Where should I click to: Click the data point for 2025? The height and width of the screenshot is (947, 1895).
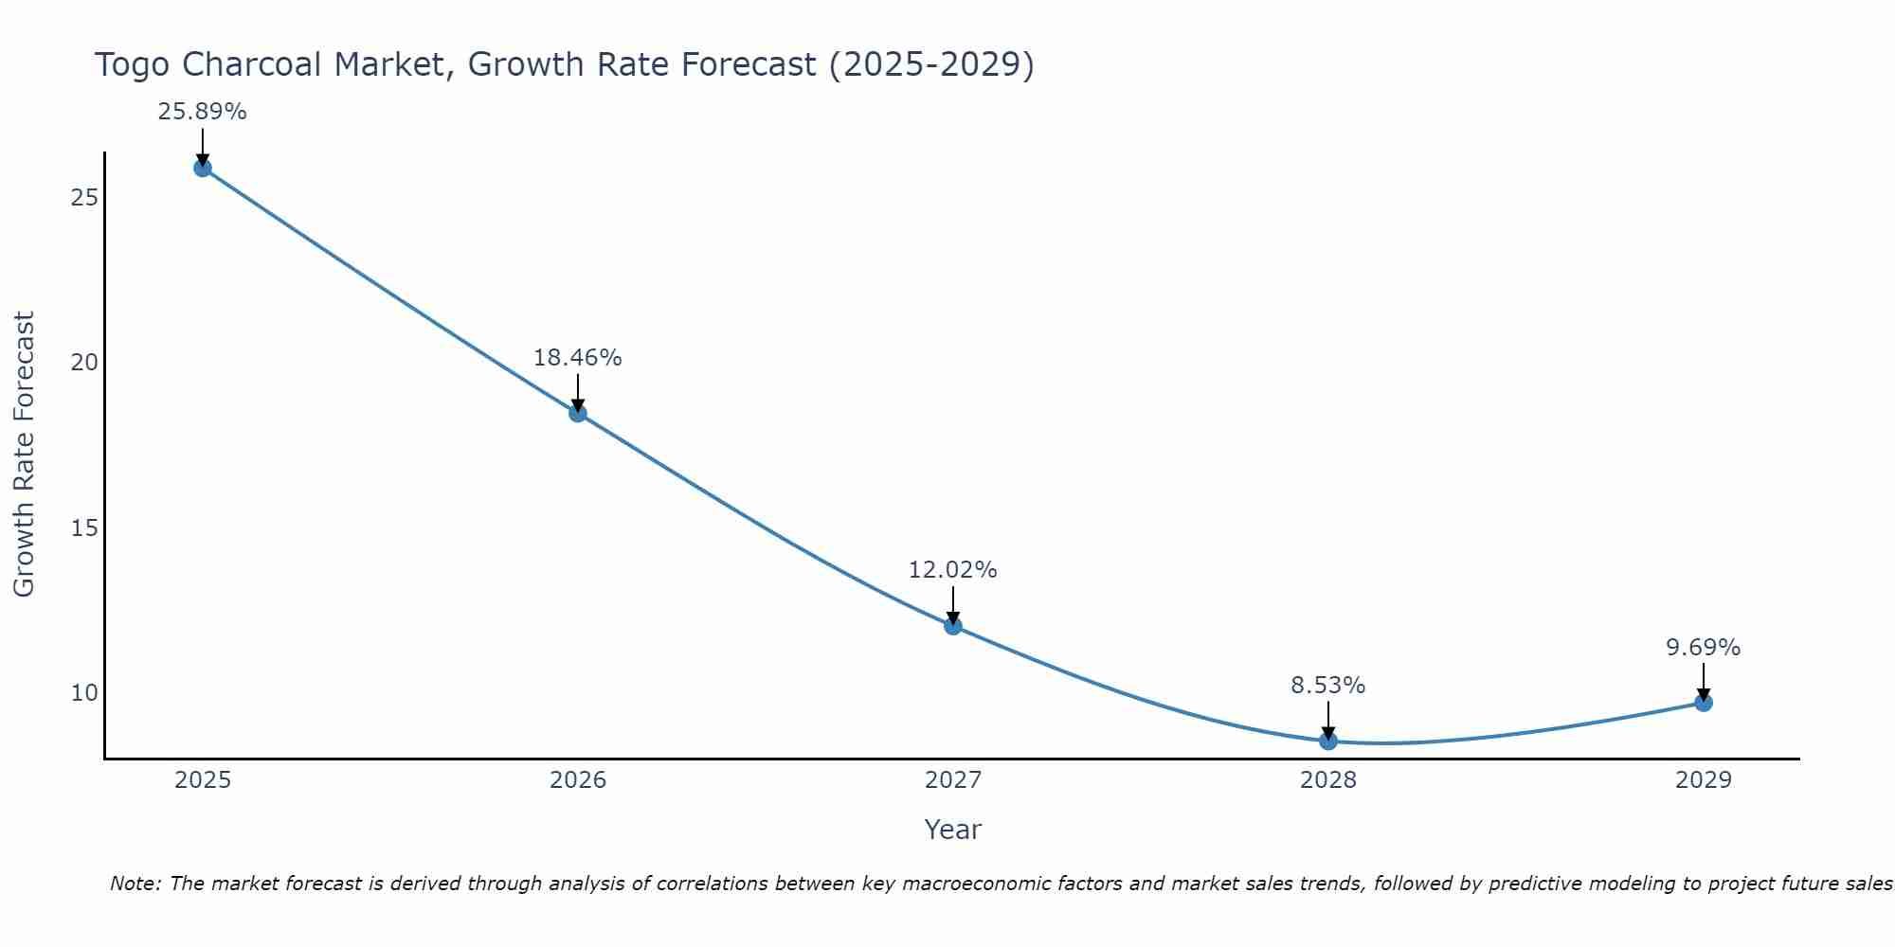click(203, 168)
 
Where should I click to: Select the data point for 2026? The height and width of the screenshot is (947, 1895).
click(578, 413)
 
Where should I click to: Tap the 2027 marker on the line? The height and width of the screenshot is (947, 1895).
click(953, 625)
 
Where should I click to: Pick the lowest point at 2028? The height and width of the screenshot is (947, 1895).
click(1328, 741)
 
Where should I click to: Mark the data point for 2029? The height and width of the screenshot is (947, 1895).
click(1704, 703)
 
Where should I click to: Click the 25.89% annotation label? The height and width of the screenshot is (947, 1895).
click(203, 112)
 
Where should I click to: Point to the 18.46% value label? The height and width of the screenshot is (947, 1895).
click(578, 358)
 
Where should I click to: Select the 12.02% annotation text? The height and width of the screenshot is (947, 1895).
click(953, 570)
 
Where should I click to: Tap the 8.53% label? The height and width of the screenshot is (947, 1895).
click(1328, 686)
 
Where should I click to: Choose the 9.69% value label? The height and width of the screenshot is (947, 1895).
click(1704, 648)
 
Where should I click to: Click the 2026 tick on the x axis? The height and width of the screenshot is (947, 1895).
click(578, 780)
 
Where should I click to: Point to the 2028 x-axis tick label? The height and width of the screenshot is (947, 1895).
click(1328, 780)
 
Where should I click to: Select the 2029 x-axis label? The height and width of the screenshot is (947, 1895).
click(1704, 780)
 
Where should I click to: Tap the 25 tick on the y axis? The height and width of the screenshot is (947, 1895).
click(85, 198)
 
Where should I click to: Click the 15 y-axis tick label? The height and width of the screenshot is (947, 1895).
click(85, 527)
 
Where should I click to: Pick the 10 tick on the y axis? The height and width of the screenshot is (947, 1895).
click(85, 692)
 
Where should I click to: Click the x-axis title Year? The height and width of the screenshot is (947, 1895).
click(953, 830)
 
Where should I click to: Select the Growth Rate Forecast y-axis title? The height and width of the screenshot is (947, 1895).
click(25, 455)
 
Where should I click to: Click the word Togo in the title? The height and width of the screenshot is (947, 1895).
click(134, 64)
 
